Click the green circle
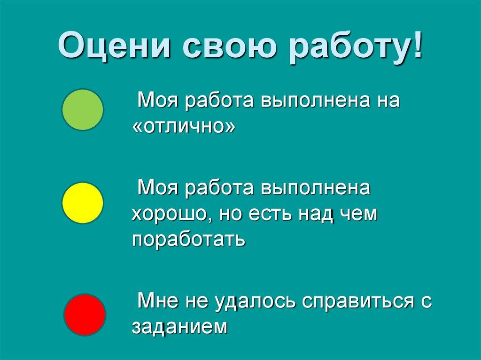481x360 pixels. click(83, 110)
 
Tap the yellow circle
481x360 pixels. click(83, 203)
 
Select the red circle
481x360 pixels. click(85, 314)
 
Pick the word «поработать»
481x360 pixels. click(189, 239)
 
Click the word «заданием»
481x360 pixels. click(180, 327)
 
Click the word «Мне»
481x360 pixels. click(158, 301)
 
